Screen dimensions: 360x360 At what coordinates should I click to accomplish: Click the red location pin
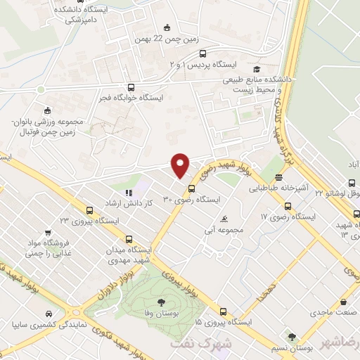coord(181,164)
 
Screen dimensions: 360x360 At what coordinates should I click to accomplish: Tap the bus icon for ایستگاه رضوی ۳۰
coord(191,188)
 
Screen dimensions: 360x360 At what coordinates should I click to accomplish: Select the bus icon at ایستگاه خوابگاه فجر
coord(131,89)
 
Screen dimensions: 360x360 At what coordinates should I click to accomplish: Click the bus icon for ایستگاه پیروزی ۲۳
coord(89,210)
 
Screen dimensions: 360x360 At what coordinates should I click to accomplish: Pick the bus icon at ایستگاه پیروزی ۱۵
coord(223,311)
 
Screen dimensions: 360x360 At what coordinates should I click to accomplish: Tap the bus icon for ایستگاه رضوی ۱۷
coord(287,206)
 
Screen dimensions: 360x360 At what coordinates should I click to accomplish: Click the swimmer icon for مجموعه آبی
coord(224,219)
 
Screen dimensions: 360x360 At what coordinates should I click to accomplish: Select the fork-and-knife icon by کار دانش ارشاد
coord(128,192)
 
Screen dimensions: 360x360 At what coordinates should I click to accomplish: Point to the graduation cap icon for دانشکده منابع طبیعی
coord(257,68)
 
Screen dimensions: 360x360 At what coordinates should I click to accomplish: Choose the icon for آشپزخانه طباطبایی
coord(279,178)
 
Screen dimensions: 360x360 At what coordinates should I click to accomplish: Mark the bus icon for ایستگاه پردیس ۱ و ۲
coord(202,53)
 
